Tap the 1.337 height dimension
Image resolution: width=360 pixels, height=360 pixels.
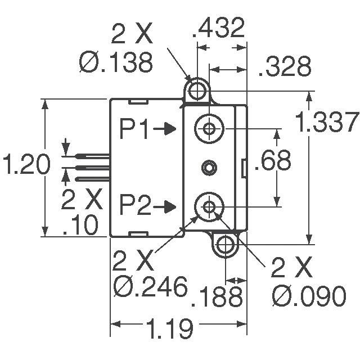(x=328, y=123)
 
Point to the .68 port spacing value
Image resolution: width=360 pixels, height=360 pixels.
(x=273, y=160)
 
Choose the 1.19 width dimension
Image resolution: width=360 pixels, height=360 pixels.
(x=169, y=327)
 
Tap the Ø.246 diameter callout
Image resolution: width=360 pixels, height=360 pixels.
(x=150, y=287)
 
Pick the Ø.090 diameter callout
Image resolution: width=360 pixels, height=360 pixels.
(x=308, y=296)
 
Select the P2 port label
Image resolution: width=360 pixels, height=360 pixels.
(x=136, y=206)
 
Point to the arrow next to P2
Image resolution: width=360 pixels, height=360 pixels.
(x=165, y=207)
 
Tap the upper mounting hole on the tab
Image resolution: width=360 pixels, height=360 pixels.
(x=197, y=90)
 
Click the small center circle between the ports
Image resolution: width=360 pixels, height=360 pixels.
(x=209, y=167)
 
